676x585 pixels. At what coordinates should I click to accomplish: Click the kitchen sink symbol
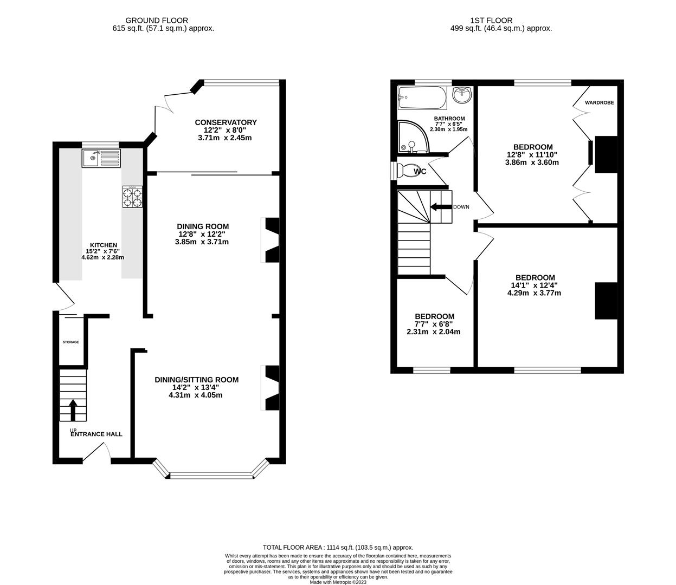(x=101, y=158)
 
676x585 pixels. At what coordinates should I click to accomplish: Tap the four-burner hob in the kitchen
(x=132, y=197)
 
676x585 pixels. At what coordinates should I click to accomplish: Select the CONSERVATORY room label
(x=226, y=122)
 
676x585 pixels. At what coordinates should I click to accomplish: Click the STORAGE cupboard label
(x=70, y=342)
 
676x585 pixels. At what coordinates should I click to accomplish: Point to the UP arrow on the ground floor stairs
(x=73, y=410)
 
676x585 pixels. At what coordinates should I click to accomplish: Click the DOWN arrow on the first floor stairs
(x=441, y=207)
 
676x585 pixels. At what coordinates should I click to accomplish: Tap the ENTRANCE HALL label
(x=96, y=434)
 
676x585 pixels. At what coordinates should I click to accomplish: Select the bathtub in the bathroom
(x=421, y=98)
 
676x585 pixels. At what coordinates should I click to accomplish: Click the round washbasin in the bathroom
(x=461, y=96)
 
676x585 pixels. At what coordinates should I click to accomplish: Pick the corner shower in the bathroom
(x=412, y=136)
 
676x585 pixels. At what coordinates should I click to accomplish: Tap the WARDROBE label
(x=599, y=102)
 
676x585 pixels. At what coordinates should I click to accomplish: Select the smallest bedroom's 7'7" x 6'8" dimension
(x=434, y=324)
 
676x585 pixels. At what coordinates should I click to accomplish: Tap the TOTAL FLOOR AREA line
(x=338, y=548)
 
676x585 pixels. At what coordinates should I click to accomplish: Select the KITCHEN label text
(x=103, y=245)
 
